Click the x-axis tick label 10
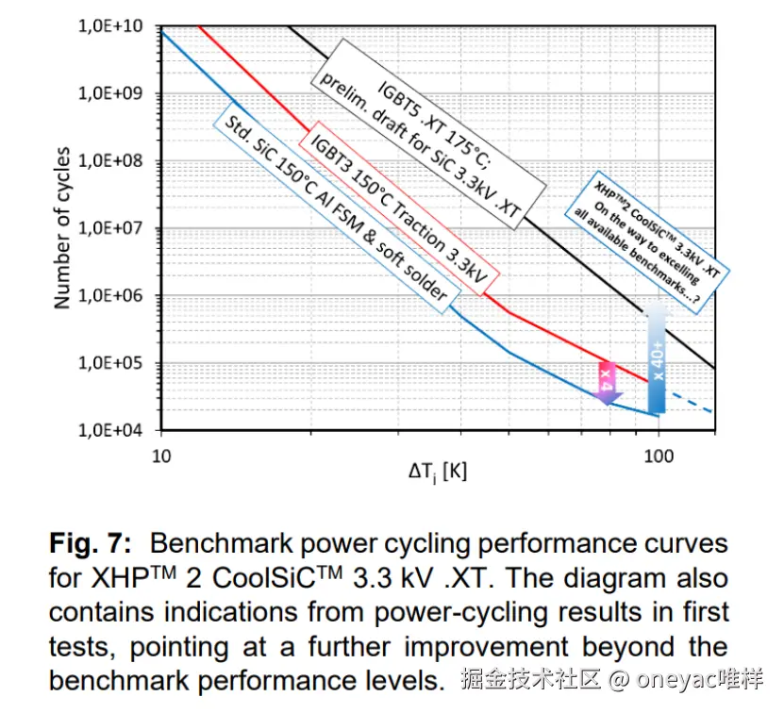point(161,456)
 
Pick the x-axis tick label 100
point(658,456)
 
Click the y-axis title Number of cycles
point(62,227)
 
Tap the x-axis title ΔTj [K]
point(437,472)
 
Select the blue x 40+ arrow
point(658,358)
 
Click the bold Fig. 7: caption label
point(93,544)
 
